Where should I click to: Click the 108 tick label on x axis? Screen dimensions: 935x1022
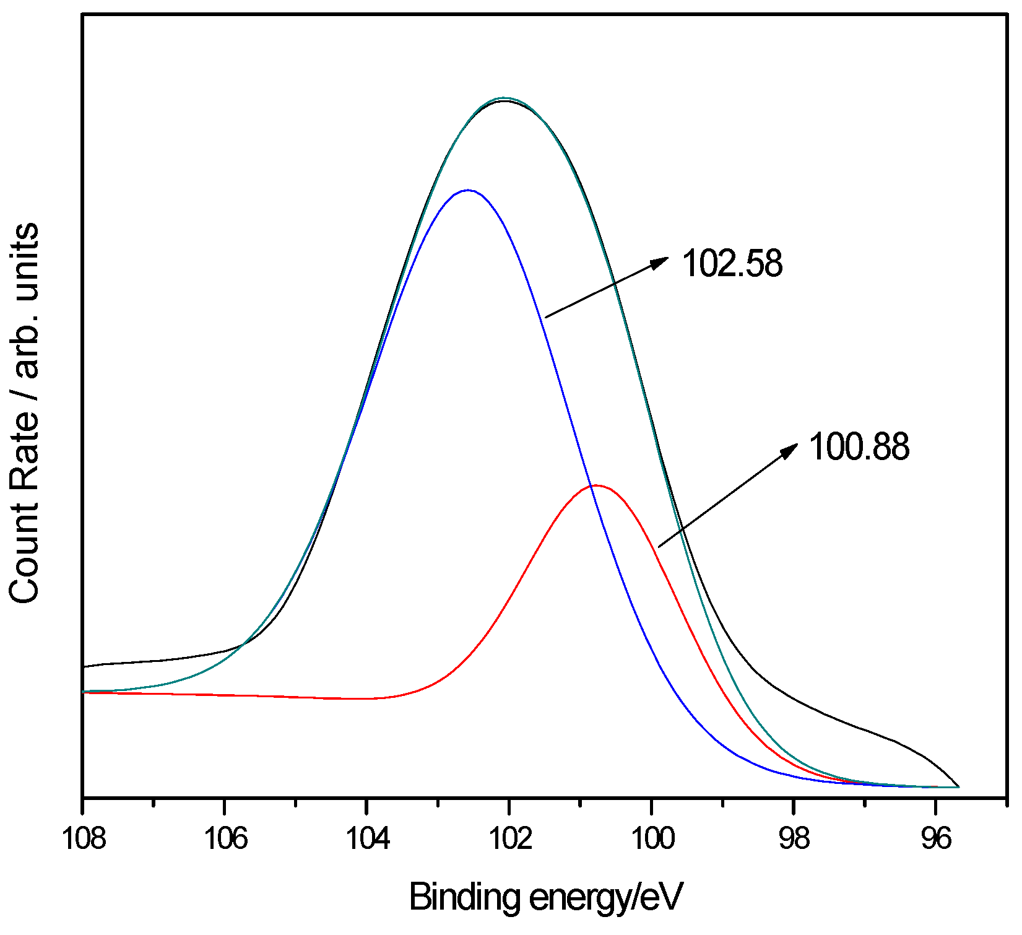[x=84, y=839]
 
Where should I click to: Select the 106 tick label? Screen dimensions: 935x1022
[x=225, y=839]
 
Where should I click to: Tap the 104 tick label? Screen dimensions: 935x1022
[x=368, y=839]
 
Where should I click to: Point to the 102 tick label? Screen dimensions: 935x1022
[x=509, y=839]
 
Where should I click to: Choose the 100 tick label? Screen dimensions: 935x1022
[x=652, y=839]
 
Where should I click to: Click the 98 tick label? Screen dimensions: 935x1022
[x=794, y=839]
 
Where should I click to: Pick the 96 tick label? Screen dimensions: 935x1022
[x=935, y=839]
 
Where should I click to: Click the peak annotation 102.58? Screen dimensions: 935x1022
[x=732, y=263]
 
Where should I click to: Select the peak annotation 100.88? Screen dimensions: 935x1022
[x=859, y=446]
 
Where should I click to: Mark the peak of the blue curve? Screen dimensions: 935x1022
[x=469, y=191]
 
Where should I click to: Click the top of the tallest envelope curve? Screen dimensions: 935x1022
[x=505, y=98]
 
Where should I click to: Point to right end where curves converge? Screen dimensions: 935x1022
[x=958, y=786]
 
